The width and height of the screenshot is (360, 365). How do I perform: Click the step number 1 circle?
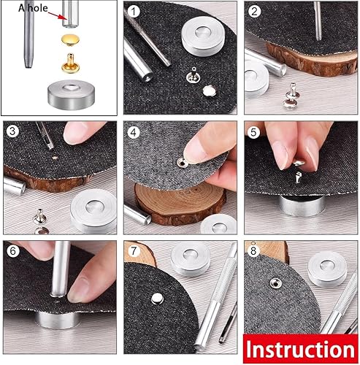click(x=133, y=11)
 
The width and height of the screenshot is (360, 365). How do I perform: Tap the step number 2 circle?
click(x=254, y=11)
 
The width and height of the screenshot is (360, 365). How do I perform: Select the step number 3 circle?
click(x=12, y=131)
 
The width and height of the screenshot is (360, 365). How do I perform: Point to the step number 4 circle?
click(x=134, y=132)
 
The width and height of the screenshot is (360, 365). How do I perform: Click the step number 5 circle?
click(x=253, y=132)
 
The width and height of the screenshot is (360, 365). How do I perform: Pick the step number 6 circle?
click(x=12, y=250)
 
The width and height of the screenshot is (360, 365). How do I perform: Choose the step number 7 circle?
click(x=134, y=251)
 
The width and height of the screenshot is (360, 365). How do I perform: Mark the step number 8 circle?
click(x=253, y=251)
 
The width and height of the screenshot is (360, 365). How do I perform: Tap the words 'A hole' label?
click(x=33, y=8)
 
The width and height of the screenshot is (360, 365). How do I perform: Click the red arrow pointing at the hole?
click(x=57, y=15)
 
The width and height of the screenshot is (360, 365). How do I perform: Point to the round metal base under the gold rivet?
click(x=71, y=95)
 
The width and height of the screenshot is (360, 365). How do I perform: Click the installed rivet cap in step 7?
click(x=157, y=299)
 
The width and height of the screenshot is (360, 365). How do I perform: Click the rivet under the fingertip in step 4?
click(x=182, y=162)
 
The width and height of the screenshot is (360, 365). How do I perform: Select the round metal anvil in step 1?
click(x=203, y=37)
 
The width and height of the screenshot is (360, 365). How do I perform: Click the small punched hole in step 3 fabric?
click(x=55, y=158)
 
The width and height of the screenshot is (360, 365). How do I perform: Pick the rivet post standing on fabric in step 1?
click(x=192, y=75)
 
